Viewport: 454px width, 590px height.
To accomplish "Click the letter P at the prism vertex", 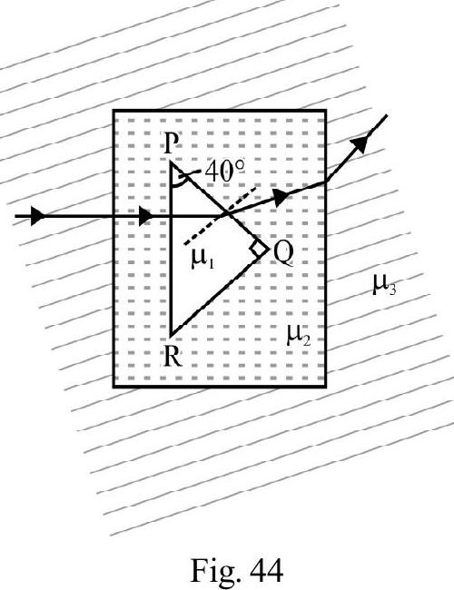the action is point(171,143).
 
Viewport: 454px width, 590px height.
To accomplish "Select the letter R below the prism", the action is point(173,356).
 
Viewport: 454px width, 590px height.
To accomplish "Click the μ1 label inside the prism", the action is point(203,260).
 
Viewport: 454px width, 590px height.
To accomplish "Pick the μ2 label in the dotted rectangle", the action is point(299,336).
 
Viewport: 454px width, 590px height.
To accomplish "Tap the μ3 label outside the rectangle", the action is point(384,285).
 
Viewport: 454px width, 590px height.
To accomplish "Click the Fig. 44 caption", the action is point(237,570).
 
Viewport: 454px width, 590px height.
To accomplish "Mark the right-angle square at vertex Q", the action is point(260,249).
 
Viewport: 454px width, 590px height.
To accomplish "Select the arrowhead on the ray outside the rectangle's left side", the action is point(37,216).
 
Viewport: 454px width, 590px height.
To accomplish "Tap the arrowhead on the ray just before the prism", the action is point(145,216).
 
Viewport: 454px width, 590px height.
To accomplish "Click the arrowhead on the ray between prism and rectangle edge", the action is point(281,197).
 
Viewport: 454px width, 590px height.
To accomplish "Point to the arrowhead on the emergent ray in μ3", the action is point(360,143).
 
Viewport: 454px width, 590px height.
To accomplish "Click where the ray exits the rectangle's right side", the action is point(326,182).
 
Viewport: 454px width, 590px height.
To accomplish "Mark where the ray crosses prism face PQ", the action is point(227,215).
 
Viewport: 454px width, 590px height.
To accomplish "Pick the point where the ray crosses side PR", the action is point(171,216).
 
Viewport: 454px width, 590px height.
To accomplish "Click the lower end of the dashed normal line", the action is point(185,245).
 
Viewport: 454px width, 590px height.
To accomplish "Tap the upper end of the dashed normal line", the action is point(256,187).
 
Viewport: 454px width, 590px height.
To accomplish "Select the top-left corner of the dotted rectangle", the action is point(114,111).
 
